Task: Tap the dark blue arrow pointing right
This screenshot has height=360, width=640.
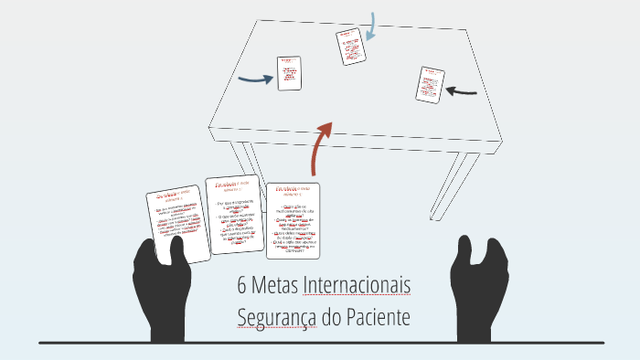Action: click(x=255, y=79)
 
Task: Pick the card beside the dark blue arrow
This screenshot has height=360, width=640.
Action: click(x=289, y=73)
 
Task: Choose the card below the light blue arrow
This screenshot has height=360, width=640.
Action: click(x=349, y=48)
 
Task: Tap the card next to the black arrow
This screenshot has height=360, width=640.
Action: click(x=430, y=84)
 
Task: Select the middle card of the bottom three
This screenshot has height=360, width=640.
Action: click(x=233, y=216)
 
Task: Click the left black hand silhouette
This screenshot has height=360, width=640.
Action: click(x=162, y=287)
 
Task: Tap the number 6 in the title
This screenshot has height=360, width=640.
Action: click(x=242, y=286)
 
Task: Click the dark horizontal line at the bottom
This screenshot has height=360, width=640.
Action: click(x=320, y=344)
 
